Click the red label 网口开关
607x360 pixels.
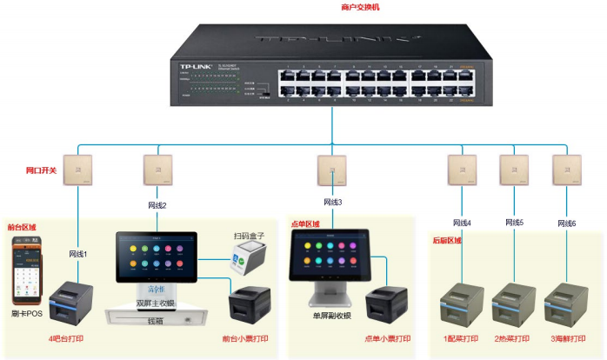coord(41,170)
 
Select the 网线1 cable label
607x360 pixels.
coord(79,254)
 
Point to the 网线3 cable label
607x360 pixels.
coord(333,202)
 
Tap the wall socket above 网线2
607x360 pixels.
coord(157,170)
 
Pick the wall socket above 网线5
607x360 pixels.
coord(513,170)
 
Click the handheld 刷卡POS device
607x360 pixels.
coord(23,273)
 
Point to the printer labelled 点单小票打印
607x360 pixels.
coord(384,304)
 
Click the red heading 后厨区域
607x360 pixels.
coord(448,240)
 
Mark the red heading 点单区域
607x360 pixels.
coord(303,223)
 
